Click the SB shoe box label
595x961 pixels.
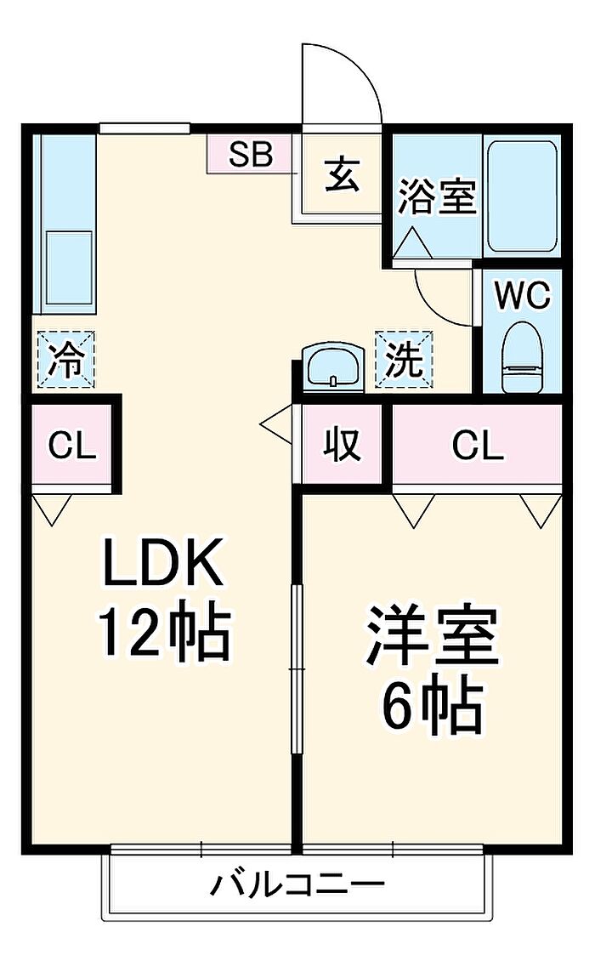pyautogui.click(x=251, y=155)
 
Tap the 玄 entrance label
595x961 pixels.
pyautogui.click(x=343, y=174)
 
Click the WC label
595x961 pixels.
pyautogui.click(x=522, y=297)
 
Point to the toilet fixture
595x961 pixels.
pyautogui.click(x=523, y=358)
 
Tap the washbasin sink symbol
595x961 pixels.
pyautogui.click(x=334, y=367)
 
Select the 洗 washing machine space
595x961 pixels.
pyautogui.click(x=404, y=360)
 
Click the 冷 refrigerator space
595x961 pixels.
pyautogui.click(x=66, y=360)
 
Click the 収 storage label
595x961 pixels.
pyautogui.click(x=343, y=444)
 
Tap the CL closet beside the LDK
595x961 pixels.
pyautogui.click(x=73, y=446)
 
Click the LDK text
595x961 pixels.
pyautogui.click(x=161, y=561)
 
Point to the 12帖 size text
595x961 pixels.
pyautogui.click(x=166, y=633)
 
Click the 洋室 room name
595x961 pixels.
pyautogui.click(x=432, y=636)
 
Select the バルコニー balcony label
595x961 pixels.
pyautogui.click(x=297, y=884)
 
